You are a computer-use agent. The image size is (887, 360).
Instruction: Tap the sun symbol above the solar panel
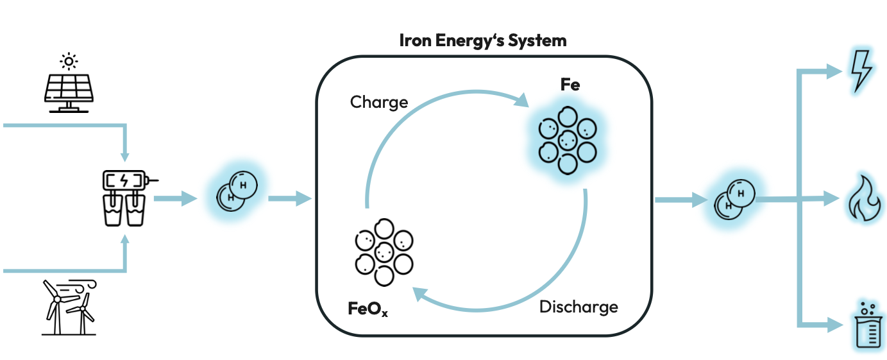point(67,61)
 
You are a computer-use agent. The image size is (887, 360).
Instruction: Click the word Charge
point(379,102)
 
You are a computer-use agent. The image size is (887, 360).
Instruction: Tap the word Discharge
point(579,307)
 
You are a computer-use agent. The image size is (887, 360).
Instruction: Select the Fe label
point(570,85)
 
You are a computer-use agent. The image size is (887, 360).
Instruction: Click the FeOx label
point(368,310)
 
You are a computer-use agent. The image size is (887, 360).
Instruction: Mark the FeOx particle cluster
point(384,252)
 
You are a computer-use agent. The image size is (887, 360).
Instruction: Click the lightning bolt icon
point(859,70)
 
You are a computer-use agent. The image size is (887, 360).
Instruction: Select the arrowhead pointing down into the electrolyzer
point(125,157)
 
